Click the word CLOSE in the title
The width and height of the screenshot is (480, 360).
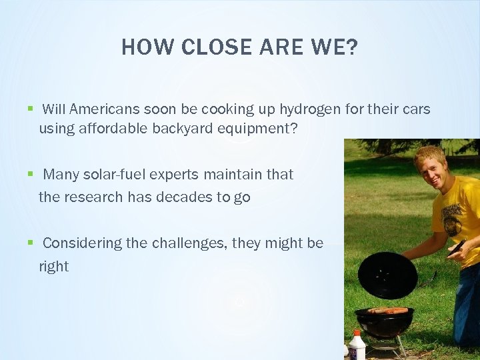[x=205, y=47]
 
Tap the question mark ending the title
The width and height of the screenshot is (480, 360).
[x=352, y=47]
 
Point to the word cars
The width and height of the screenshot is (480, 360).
[x=415, y=109]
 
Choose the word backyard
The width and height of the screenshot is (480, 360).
[x=183, y=129]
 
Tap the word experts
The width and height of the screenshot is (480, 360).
[x=176, y=175]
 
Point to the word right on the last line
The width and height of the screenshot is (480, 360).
[x=53, y=267]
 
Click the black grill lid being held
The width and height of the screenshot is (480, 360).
[x=387, y=275]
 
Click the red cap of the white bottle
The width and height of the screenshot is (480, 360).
[x=357, y=333]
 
